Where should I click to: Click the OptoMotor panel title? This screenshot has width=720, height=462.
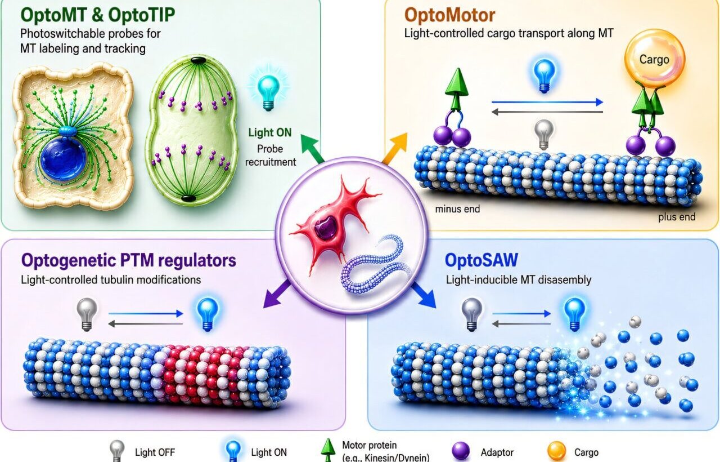pyautogui.click(x=449, y=15)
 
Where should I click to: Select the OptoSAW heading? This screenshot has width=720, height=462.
pyautogui.click(x=481, y=260)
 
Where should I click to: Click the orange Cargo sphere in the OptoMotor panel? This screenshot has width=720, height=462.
pyautogui.click(x=655, y=59)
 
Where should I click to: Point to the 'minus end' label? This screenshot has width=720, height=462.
pyautogui.click(x=457, y=209)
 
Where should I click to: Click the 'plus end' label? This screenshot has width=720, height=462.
pyautogui.click(x=677, y=217)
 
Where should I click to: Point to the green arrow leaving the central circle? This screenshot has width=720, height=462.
pyautogui.click(x=312, y=148)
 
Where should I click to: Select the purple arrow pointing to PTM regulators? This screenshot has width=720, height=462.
pyautogui.click(x=277, y=294)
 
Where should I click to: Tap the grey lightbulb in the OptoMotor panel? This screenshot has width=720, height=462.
pyautogui.click(x=544, y=135)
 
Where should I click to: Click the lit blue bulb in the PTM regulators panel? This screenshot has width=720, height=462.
pyautogui.click(x=208, y=314)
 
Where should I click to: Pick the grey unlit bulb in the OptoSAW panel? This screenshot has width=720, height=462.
pyautogui.click(x=471, y=314)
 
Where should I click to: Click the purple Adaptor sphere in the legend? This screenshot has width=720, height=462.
pyautogui.click(x=461, y=450)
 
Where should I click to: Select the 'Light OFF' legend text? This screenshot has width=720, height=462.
pyautogui.click(x=155, y=452)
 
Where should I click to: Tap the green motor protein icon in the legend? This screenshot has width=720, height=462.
pyautogui.click(x=327, y=450)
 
